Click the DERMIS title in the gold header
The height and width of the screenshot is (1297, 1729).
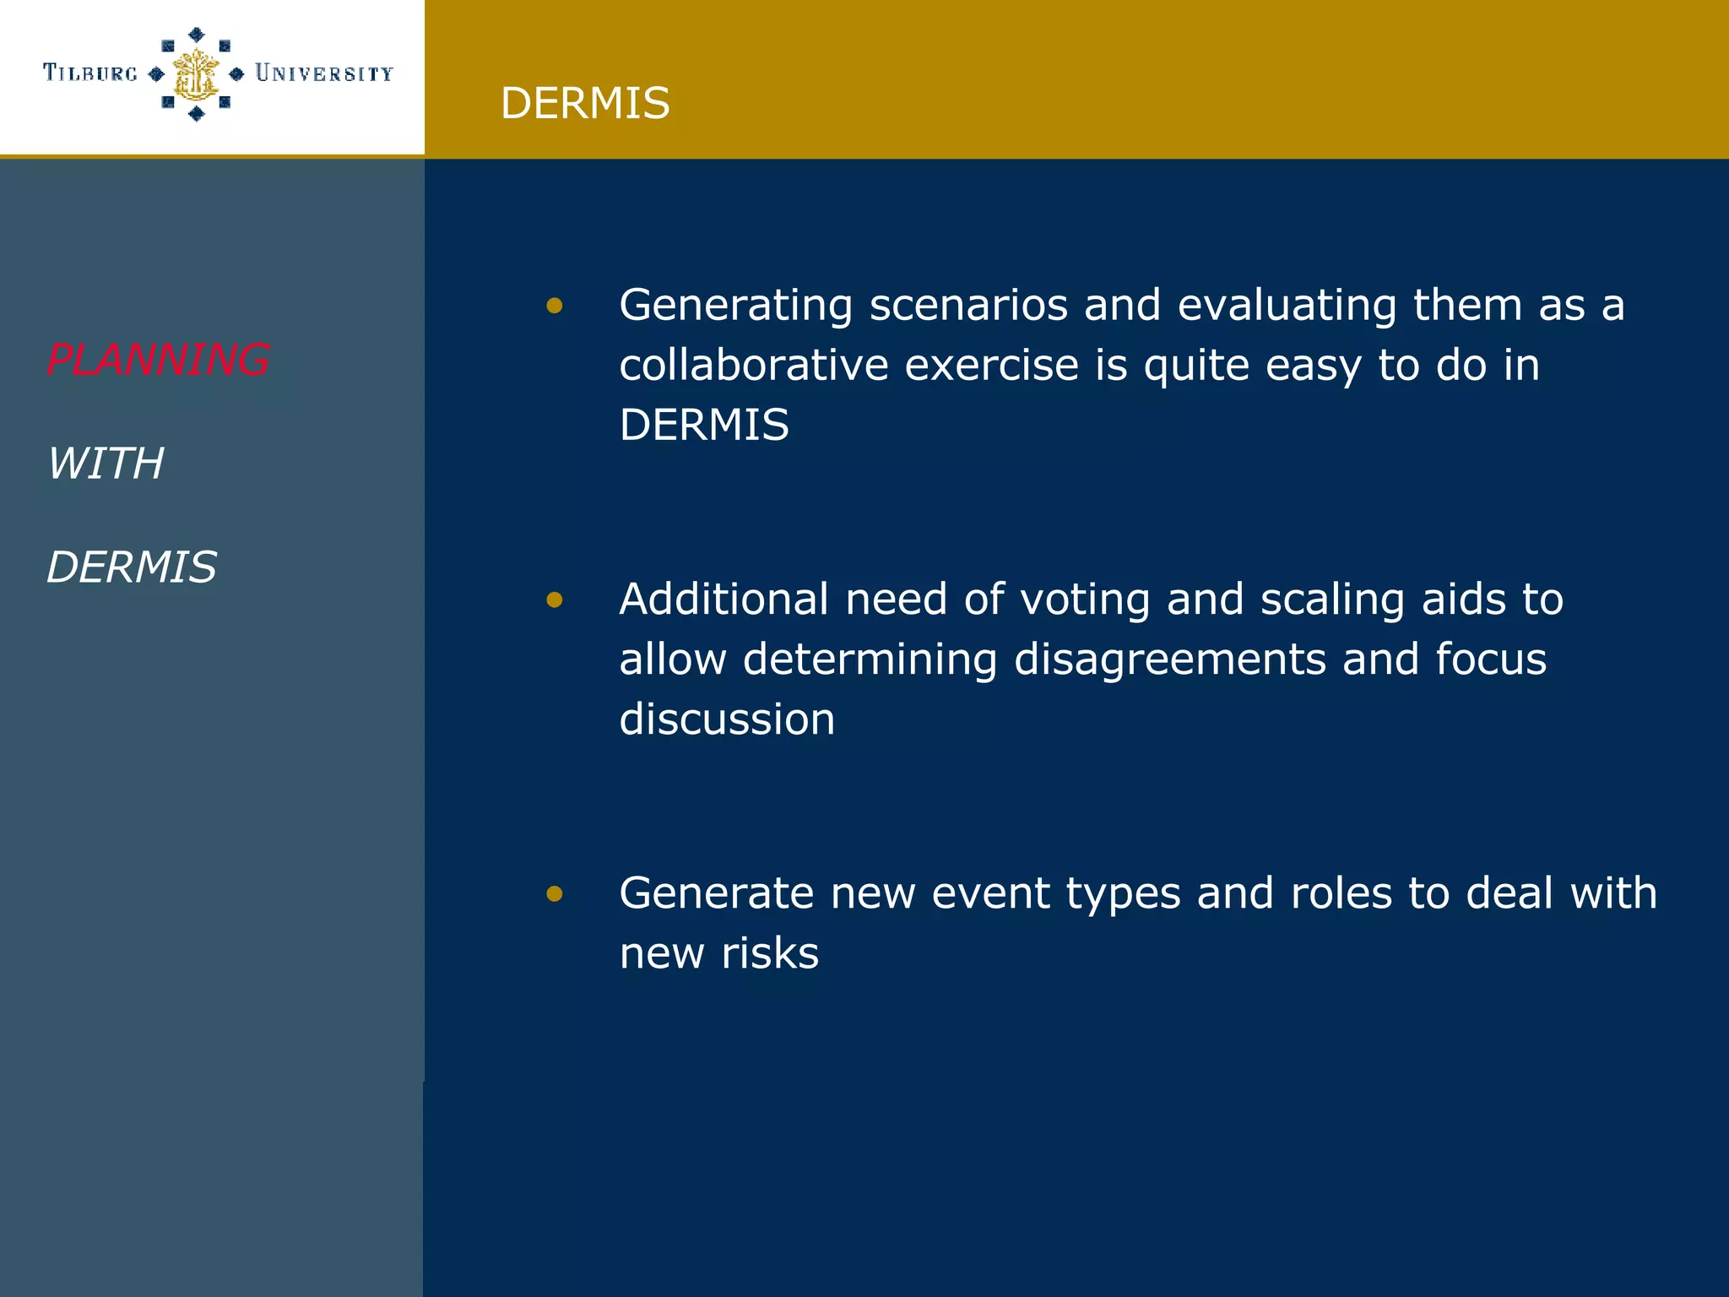(x=584, y=103)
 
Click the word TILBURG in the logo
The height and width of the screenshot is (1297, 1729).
(x=90, y=73)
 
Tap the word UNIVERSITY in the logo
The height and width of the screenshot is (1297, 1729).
(x=324, y=73)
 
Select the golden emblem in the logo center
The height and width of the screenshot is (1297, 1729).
(x=196, y=74)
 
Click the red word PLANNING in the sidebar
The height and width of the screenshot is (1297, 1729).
(x=158, y=360)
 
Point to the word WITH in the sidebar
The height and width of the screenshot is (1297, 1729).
(x=106, y=464)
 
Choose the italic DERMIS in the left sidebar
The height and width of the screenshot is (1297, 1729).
(x=132, y=567)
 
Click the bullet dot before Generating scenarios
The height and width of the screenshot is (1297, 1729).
(x=554, y=306)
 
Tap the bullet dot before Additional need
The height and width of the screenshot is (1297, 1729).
(x=554, y=600)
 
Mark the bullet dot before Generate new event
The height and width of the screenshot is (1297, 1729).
(x=554, y=893)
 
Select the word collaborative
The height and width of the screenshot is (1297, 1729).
(x=753, y=366)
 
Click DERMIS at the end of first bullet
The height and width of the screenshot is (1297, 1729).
(x=704, y=425)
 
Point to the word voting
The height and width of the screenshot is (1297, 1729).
(x=1085, y=600)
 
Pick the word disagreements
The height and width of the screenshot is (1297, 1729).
(x=1169, y=659)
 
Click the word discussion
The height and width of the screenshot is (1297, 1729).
(x=727, y=719)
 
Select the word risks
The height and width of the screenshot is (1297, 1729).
(x=769, y=953)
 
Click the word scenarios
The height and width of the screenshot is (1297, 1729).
(x=968, y=306)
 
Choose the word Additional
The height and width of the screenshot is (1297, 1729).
(x=724, y=600)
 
